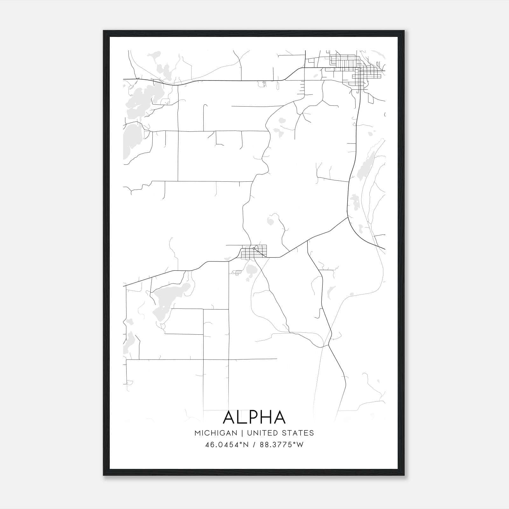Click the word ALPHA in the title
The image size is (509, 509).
pyautogui.click(x=254, y=417)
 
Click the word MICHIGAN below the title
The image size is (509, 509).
pyautogui.click(x=216, y=433)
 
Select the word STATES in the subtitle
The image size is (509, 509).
pyautogui.click(x=298, y=433)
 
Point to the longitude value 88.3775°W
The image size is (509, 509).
pyautogui.click(x=282, y=445)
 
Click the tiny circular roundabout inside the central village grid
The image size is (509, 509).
pyautogui.click(x=254, y=248)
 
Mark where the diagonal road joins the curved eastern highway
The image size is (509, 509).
pyautogui.click(x=347, y=218)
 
